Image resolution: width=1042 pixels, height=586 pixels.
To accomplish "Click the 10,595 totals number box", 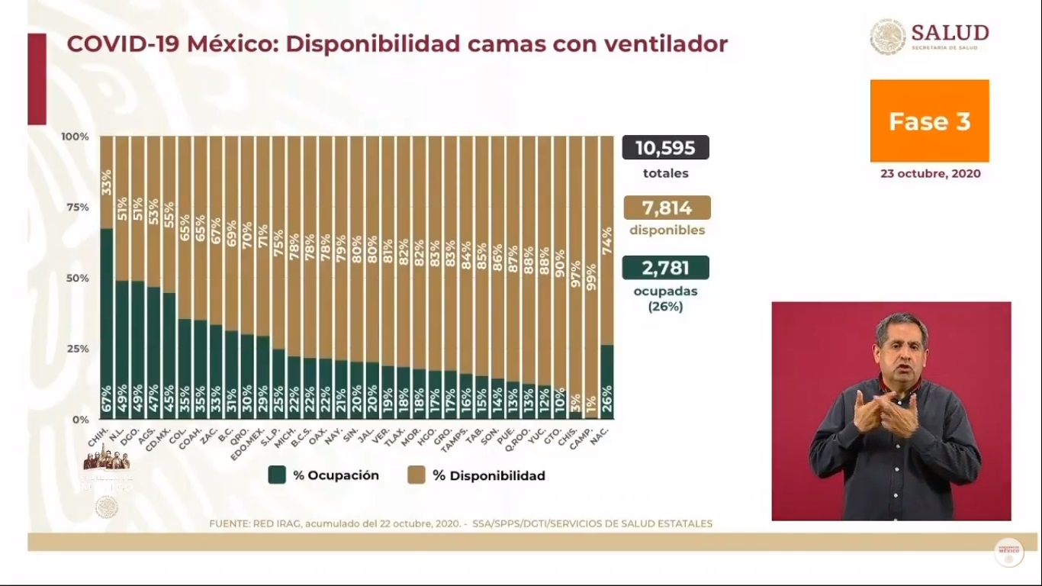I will pos(665,147).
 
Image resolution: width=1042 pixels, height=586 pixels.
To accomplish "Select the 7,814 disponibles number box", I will pos(667,208).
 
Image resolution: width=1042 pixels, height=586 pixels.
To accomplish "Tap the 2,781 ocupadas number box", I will pos(665,268).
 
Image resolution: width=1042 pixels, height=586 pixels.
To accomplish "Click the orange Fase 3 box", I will pos(929,121).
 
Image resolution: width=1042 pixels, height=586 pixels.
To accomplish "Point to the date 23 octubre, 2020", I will pos(930,173).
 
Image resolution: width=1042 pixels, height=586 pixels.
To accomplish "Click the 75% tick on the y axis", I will pos(76,208).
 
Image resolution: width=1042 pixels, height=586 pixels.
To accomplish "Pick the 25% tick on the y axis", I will pos(76,349).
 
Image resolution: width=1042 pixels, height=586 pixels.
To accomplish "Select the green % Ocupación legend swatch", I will pos(277,475).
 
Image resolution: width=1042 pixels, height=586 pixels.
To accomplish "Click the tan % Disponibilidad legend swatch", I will pos(416,475).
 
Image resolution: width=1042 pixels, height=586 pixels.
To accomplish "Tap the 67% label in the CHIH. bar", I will pos(107,402).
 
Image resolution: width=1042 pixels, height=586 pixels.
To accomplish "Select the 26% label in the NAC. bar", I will pos(607,402).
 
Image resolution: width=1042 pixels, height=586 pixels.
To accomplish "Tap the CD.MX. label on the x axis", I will pos(166,437).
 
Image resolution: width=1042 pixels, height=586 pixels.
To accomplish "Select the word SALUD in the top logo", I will pos(950,33).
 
